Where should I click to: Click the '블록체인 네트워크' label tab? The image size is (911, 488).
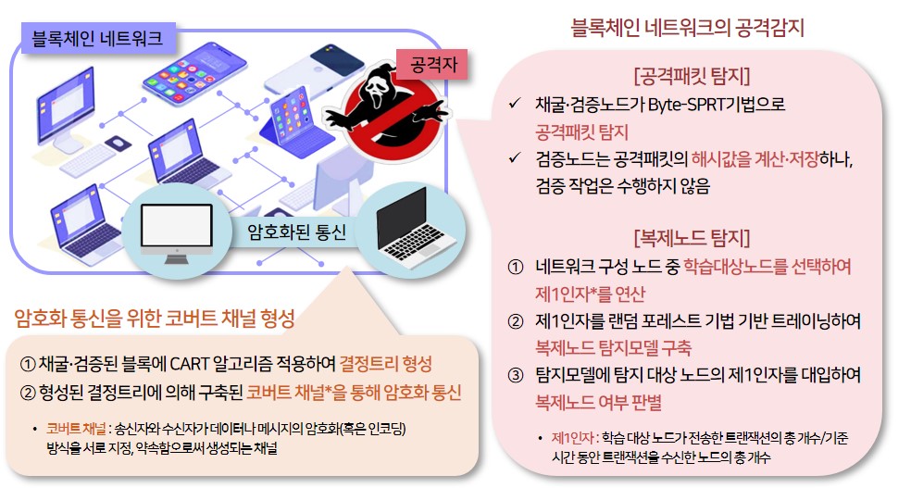pyautogui.click(x=97, y=38)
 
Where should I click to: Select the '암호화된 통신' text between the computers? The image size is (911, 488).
pyautogui.click(x=298, y=231)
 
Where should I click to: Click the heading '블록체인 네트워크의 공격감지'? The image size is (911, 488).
pyautogui.click(x=689, y=28)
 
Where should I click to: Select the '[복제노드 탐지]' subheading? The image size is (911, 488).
pyautogui.click(x=692, y=234)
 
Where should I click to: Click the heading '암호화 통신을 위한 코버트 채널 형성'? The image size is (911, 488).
pyautogui.click(x=155, y=320)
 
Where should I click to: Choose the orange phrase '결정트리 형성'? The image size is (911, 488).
pyautogui.click(x=386, y=361)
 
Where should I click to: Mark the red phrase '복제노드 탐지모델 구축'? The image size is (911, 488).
pyautogui.click(x=613, y=348)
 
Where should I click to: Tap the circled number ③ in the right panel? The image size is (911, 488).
pyautogui.click(x=517, y=376)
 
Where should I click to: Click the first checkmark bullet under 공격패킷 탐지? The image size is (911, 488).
pyautogui.click(x=517, y=105)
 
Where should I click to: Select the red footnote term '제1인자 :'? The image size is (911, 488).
pyautogui.click(x=574, y=438)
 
